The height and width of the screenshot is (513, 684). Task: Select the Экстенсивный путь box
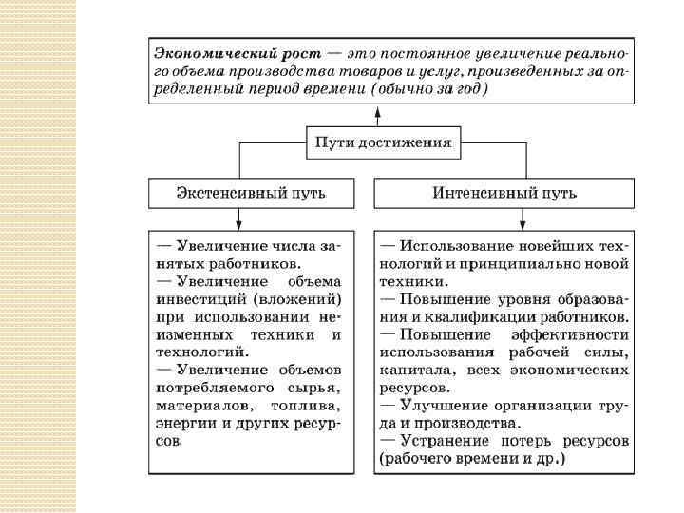click(x=251, y=193)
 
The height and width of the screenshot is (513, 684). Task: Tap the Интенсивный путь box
click(x=503, y=193)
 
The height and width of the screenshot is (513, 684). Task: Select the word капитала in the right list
click(x=410, y=370)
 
